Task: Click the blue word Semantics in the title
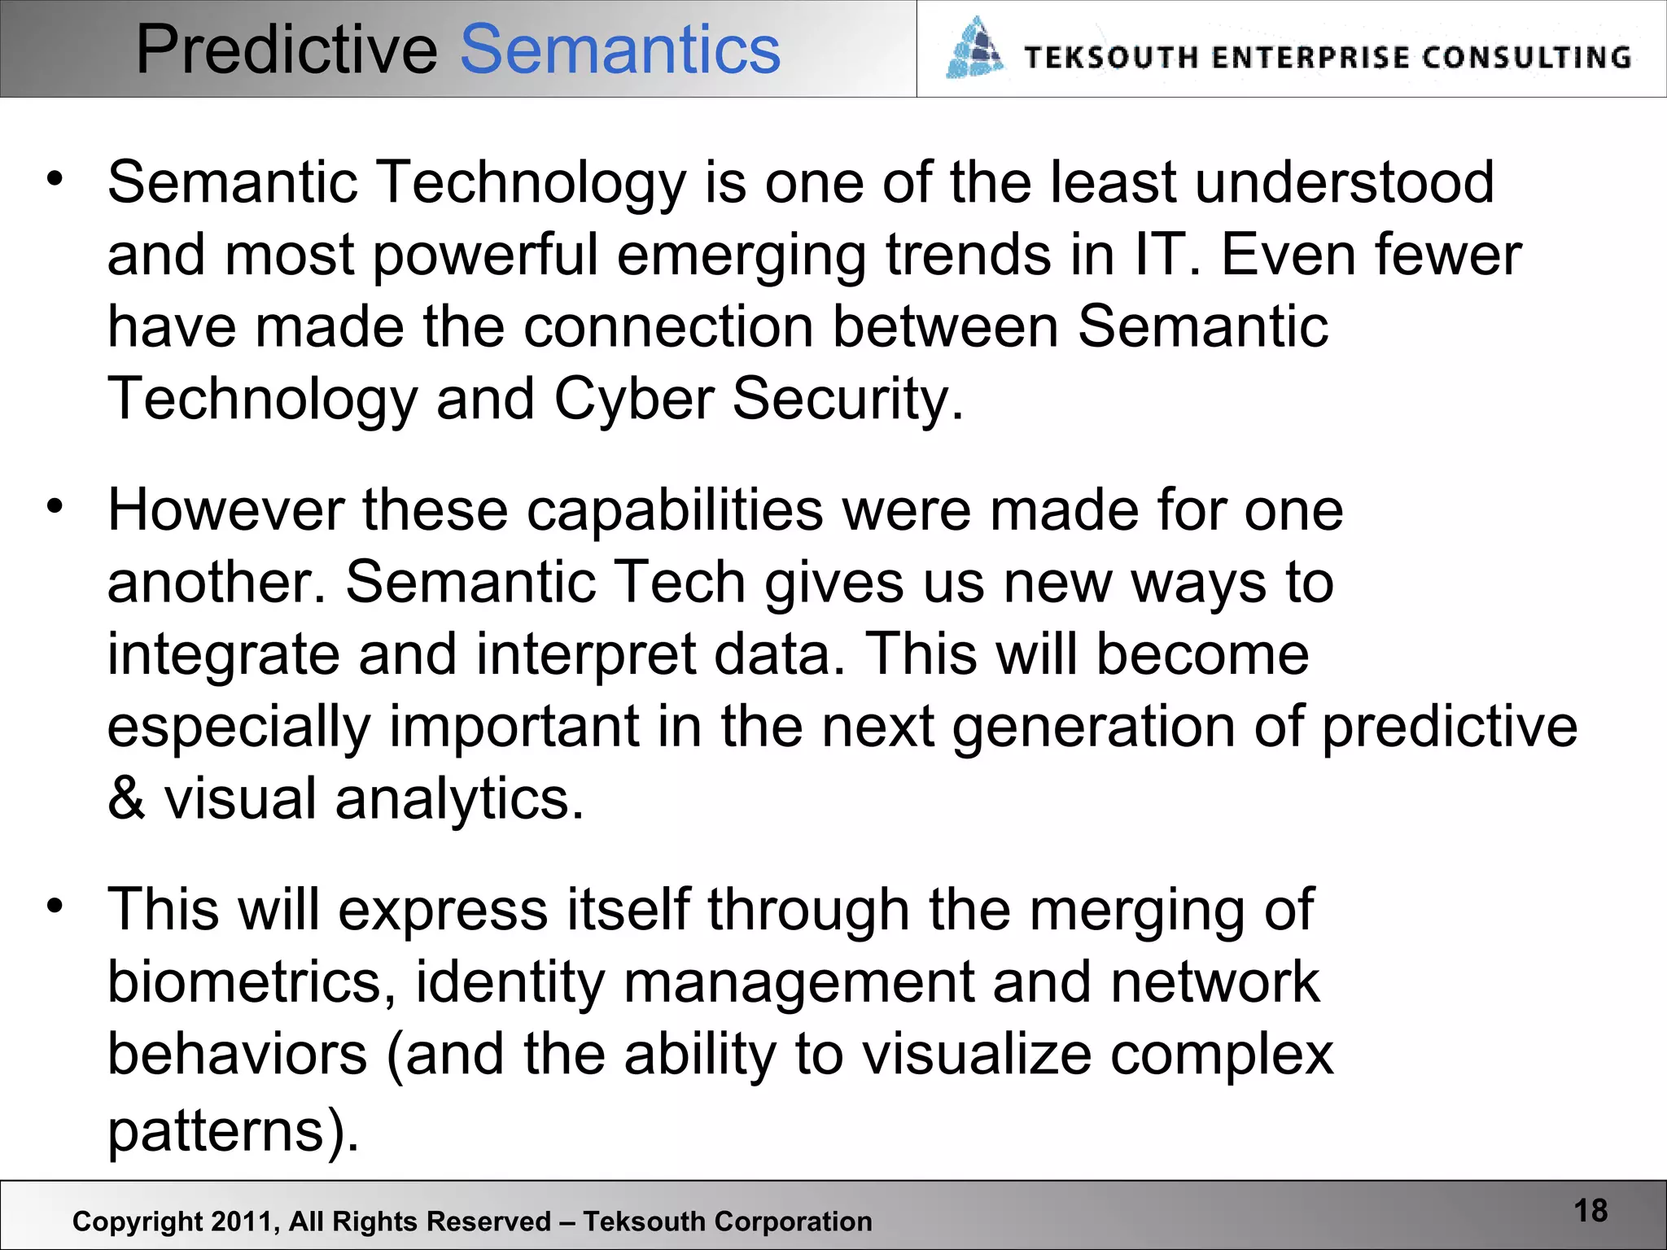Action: [620, 50]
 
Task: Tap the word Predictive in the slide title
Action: [287, 50]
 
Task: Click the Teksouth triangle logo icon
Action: [974, 49]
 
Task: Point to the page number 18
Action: [1590, 1211]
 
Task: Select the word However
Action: [225, 510]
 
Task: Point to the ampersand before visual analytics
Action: [126, 798]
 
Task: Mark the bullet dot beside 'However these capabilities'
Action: [55, 506]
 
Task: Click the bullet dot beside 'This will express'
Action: [55, 905]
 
